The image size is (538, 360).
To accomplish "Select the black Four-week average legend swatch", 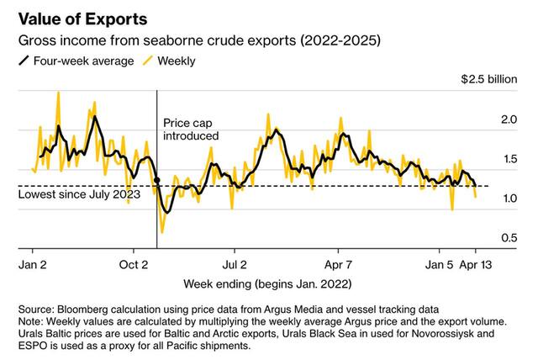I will [24, 60].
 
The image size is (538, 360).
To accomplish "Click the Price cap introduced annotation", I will [191, 129].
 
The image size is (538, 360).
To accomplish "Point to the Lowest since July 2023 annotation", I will [74, 196].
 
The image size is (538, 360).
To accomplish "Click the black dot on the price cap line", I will [158, 181].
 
